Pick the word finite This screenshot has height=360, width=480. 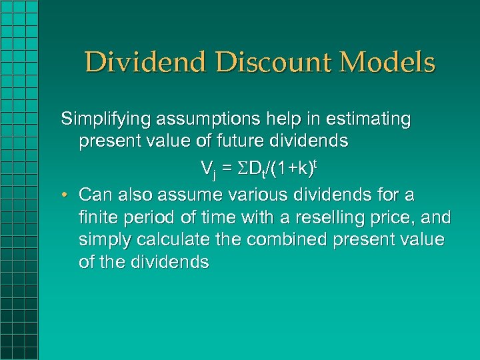pos(96,217)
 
